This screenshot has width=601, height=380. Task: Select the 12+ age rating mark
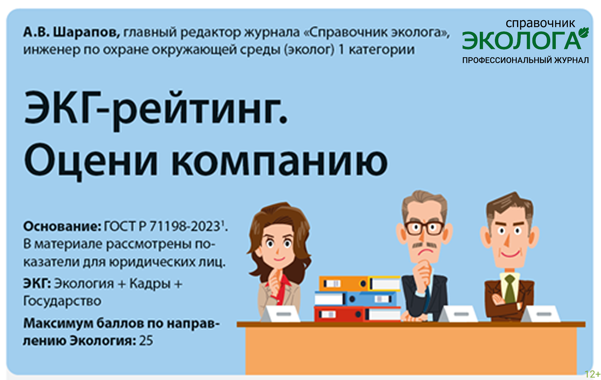click(x=592, y=374)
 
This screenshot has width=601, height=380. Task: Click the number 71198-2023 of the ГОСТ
click(x=185, y=226)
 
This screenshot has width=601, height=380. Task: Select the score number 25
click(x=146, y=341)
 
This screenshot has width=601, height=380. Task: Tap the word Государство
click(x=62, y=301)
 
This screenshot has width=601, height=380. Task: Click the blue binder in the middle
click(x=371, y=299)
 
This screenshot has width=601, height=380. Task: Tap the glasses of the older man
click(x=424, y=228)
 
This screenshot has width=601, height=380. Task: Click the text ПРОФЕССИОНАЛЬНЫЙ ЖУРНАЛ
click(x=525, y=60)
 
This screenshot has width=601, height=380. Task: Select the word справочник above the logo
click(x=540, y=23)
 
